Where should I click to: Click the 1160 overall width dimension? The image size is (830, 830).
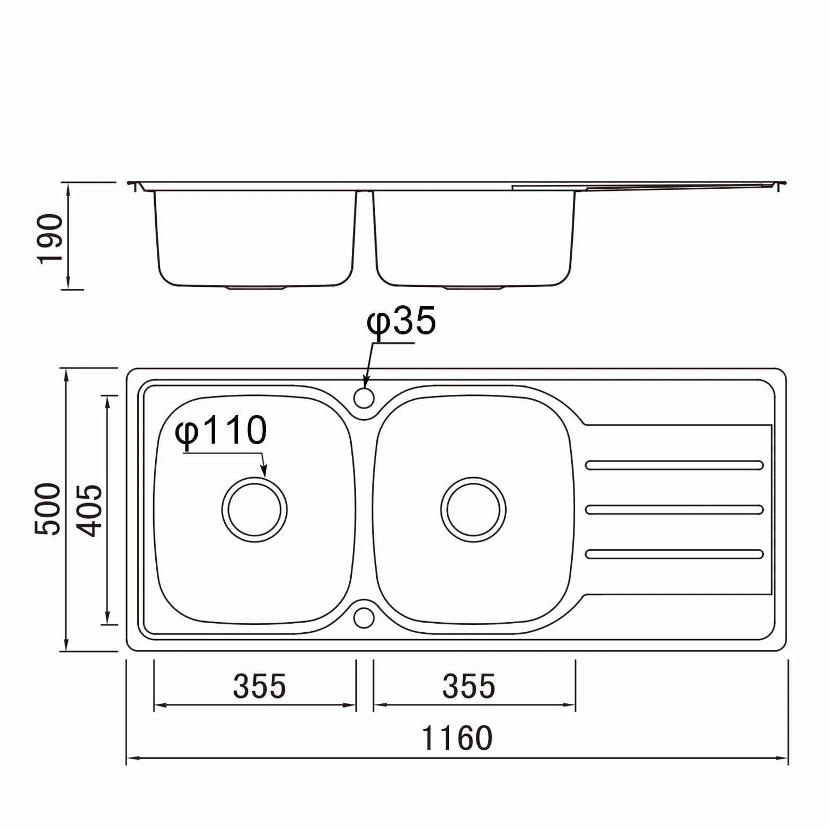click(x=457, y=738)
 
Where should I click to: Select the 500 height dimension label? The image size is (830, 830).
click(x=48, y=509)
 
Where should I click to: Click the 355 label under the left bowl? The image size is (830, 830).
click(x=260, y=685)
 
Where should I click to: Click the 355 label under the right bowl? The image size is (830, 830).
click(x=469, y=685)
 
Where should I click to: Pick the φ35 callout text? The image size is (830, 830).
click(x=402, y=321)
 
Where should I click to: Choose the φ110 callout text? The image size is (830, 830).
click(x=221, y=431)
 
